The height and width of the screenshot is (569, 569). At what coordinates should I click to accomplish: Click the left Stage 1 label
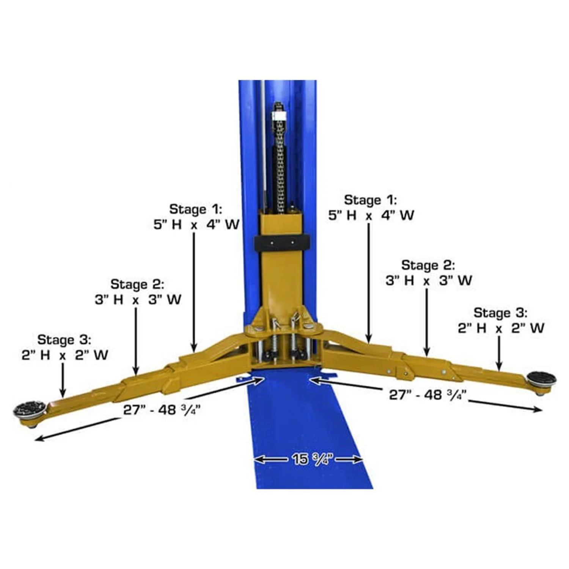pyautogui.click(x=195, y=209)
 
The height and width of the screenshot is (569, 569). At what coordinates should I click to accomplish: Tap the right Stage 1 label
pyautogui.click(x=370, y=200)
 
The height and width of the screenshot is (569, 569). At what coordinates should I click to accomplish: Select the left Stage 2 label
pyautogui.click(x=137, y=284)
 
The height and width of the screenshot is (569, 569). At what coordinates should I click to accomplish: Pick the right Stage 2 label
pyautogui.click(x=428, y=265)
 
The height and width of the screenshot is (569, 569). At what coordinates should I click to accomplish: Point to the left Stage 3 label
pyautogui.click(x=64, y=340)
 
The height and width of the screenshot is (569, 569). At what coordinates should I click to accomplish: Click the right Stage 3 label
pyautogui.click(x=500, y=313)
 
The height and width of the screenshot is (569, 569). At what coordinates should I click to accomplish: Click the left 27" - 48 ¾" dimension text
pyautogui.click(x=162, y=410)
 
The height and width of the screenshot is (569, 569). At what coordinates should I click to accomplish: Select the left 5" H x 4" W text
pyautogui.click(x=196, y=225)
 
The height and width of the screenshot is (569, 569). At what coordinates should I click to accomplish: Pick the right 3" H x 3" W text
pyautogui.click(x=429, y=281)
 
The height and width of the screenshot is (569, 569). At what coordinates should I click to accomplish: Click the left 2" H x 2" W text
pyautogui.click(x=65, y=355)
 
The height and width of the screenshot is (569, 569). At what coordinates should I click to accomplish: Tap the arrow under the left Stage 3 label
pyautogui.click(x=63, y=379)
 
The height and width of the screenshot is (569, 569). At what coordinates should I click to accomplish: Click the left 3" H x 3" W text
pyautogui.click(x=138, y=300)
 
